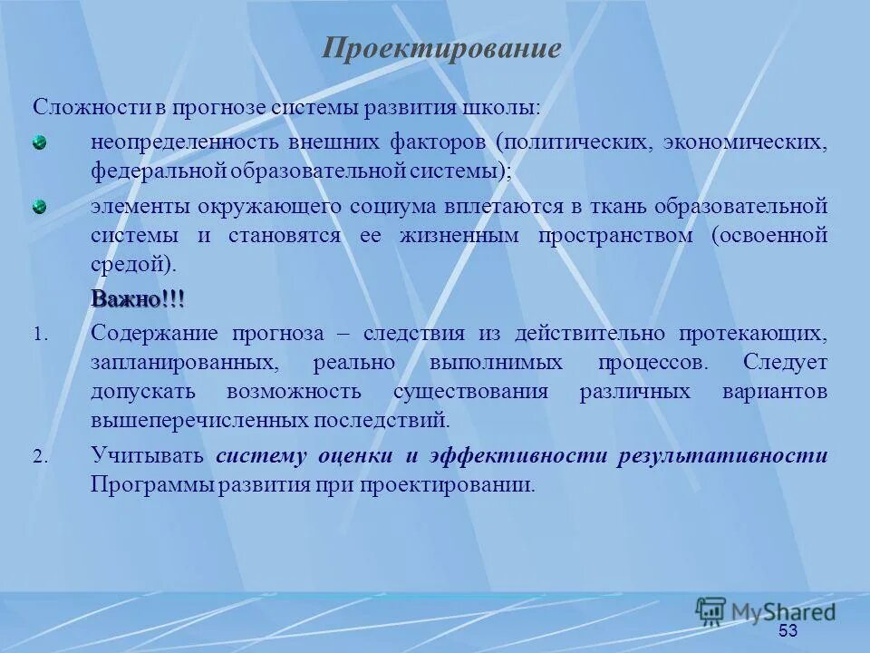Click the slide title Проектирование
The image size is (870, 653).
[441, 48]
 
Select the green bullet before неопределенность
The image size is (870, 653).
[40, 142]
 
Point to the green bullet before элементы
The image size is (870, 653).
[40, 206]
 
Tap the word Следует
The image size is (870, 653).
[785, 363]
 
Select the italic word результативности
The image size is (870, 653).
[722, 456]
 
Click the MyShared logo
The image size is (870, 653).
[766, 611]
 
